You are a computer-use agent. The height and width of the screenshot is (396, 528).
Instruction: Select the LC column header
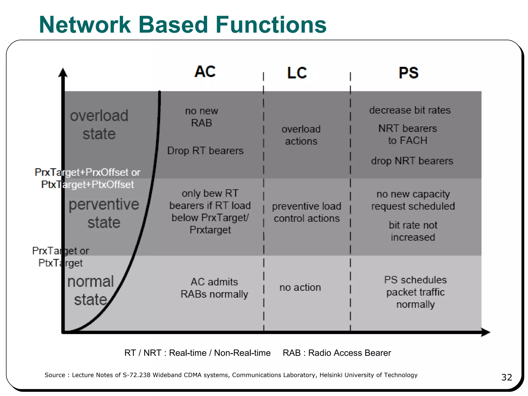297,73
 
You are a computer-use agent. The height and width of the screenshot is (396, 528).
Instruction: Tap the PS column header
409,73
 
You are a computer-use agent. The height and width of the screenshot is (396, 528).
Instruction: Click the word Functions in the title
271,25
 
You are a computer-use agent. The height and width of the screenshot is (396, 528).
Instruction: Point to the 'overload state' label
99,125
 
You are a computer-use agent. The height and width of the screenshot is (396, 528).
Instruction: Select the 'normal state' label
91,290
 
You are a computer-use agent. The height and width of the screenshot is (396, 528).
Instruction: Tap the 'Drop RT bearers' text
205,151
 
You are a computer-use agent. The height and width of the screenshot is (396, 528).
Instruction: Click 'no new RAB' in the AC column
202,117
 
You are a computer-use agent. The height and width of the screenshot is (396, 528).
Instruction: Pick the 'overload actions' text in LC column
301,135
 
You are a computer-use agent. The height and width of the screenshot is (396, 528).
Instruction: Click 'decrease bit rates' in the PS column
410,110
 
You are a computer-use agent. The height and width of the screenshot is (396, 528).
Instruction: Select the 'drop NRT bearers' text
412,161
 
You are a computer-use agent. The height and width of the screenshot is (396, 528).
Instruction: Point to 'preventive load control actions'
307,212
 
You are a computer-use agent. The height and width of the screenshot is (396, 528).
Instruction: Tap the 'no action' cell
300,287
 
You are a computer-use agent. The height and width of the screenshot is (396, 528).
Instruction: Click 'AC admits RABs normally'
214,288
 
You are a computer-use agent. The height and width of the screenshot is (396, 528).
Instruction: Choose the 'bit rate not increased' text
413,231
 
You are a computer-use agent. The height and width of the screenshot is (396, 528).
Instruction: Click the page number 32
506,377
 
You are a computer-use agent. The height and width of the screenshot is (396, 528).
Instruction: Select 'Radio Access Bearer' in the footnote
349,353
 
